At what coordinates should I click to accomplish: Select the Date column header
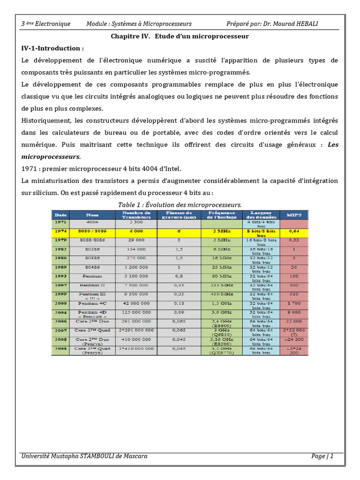point(60,215)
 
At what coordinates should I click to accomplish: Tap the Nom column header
point(92,215)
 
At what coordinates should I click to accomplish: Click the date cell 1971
point(60,222)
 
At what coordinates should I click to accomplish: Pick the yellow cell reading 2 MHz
point(222,231)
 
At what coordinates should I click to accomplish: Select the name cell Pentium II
point(92,285)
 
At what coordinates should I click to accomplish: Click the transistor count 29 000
point(136,240)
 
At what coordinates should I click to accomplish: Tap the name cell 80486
point(92,267)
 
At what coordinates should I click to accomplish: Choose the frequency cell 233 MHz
point(222,285)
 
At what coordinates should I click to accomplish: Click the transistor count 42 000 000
point(136,303)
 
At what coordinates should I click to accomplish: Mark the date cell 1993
point(60,276)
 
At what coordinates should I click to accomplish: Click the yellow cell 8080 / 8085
point(92,231)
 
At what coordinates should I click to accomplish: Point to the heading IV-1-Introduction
point(52,48)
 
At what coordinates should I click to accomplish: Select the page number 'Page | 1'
point(322,456)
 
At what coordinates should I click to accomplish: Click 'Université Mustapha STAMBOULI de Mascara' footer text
point(84,456)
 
